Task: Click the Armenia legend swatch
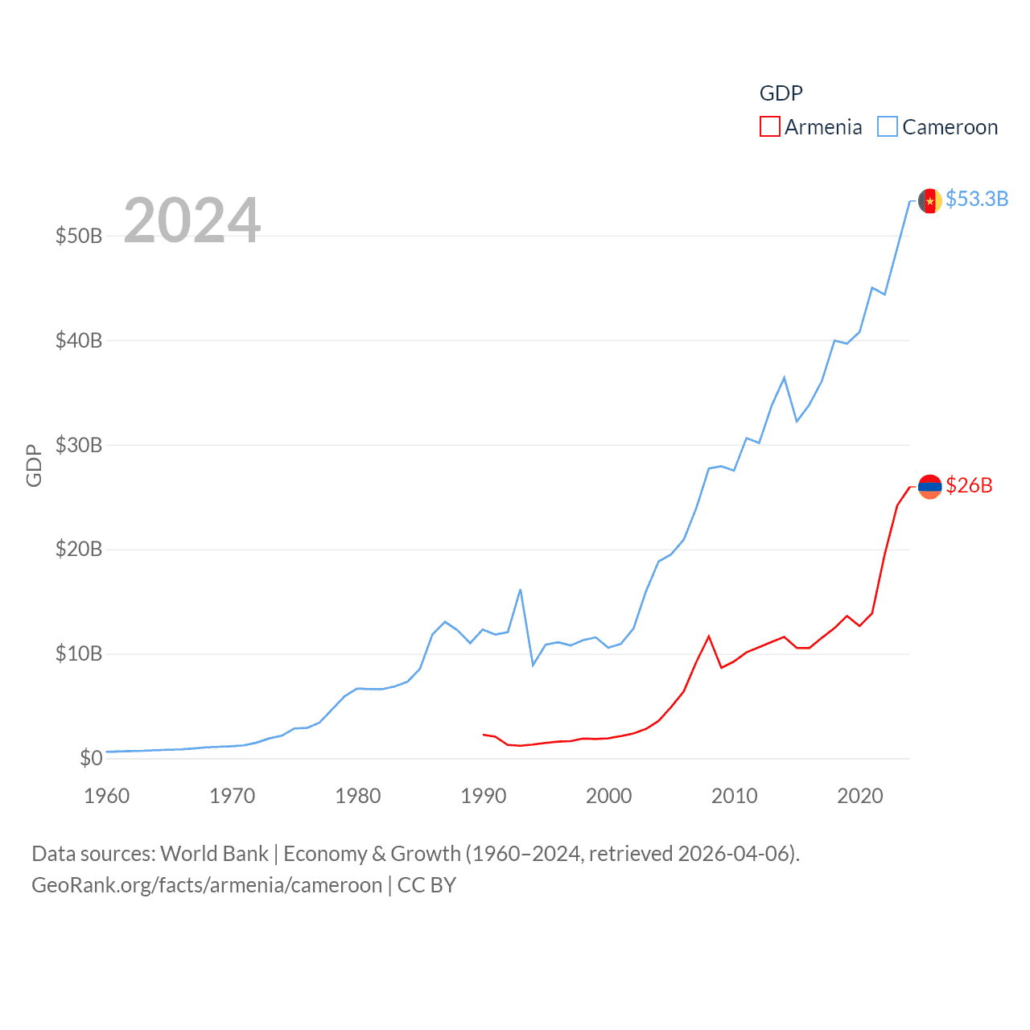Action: [x=769, y=127]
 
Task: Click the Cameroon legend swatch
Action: [x=887, y=127]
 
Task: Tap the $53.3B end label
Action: [x=976, y=199]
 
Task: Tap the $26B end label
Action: [x=969, y=485]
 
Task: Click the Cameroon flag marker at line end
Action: [x=929, y=200]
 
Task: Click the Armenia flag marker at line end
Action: [x=929, y=487]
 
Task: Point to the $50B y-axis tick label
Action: [x=79, y=236]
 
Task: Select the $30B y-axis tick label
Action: [x=79, y=445]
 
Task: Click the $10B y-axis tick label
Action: [x=79, y=653]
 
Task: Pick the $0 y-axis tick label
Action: [x=91, y=758]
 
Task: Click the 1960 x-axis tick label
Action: [x=107, y=796]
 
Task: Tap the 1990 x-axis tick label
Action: [x=483, y=796]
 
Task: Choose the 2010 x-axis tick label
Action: [x=734, y=796]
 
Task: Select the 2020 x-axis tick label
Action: [x=859, y=796]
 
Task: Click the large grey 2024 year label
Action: [x=192, y=220]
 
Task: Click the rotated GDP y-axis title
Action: [x=34, y=465]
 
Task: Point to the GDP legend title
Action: [x=781, y=93]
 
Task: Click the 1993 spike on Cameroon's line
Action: [x=521, y=590]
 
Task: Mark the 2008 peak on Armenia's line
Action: [x=709, y=637]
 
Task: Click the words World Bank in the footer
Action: [x=214, y=853]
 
